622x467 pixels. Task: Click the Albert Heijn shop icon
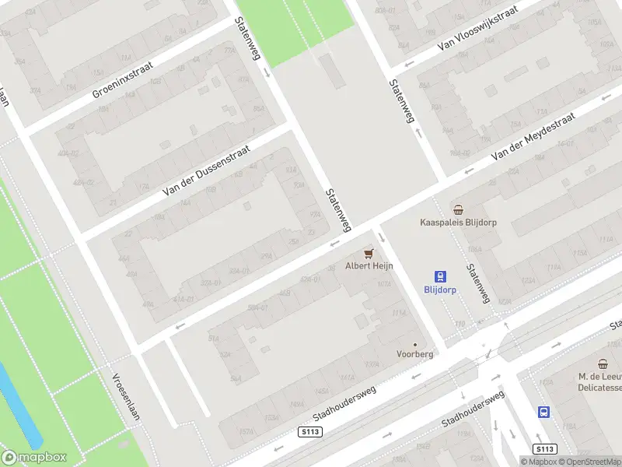pos(369,254)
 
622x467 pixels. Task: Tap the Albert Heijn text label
pos(369,266)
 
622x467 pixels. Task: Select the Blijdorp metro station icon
pos(440,276)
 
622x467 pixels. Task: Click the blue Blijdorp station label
pos(440,290)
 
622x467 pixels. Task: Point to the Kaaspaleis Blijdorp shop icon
pos(459,209)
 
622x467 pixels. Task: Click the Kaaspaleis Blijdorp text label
pos(459,222)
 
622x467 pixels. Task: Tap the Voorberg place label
pos(414,353)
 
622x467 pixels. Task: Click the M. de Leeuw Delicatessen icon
pos(603,363)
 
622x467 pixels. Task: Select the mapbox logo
pos(34,458)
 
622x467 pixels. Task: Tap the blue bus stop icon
pos(544,413)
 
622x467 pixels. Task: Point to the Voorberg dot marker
pos(414,344)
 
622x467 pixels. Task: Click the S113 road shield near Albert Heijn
pos(309,431)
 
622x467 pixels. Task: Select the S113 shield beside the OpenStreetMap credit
pos(545,449)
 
